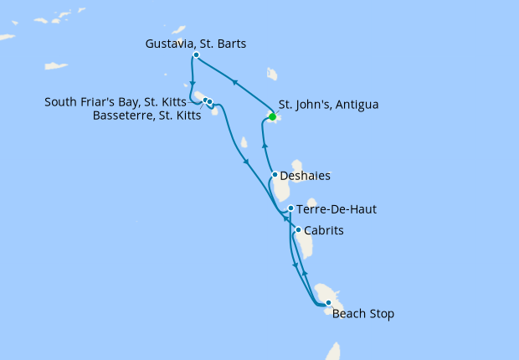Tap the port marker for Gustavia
click(x=196, y=55)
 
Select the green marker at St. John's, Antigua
click(x=272, y=117)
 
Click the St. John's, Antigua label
click(x=328, y=105)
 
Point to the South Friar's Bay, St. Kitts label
click(x=122, y=102)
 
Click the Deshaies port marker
click(x=275, y=175)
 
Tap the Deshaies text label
click(x=306, y=176)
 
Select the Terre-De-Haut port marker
click(x=290, y=208)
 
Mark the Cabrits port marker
click(x=298, y=229)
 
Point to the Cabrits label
click(x=325, y=230)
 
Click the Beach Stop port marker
click(x=328, y=303)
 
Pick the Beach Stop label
click(x=362, y=315)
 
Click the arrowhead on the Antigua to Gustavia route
click(x=234, y=81)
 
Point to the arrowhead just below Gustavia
click(x=193, y=83)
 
